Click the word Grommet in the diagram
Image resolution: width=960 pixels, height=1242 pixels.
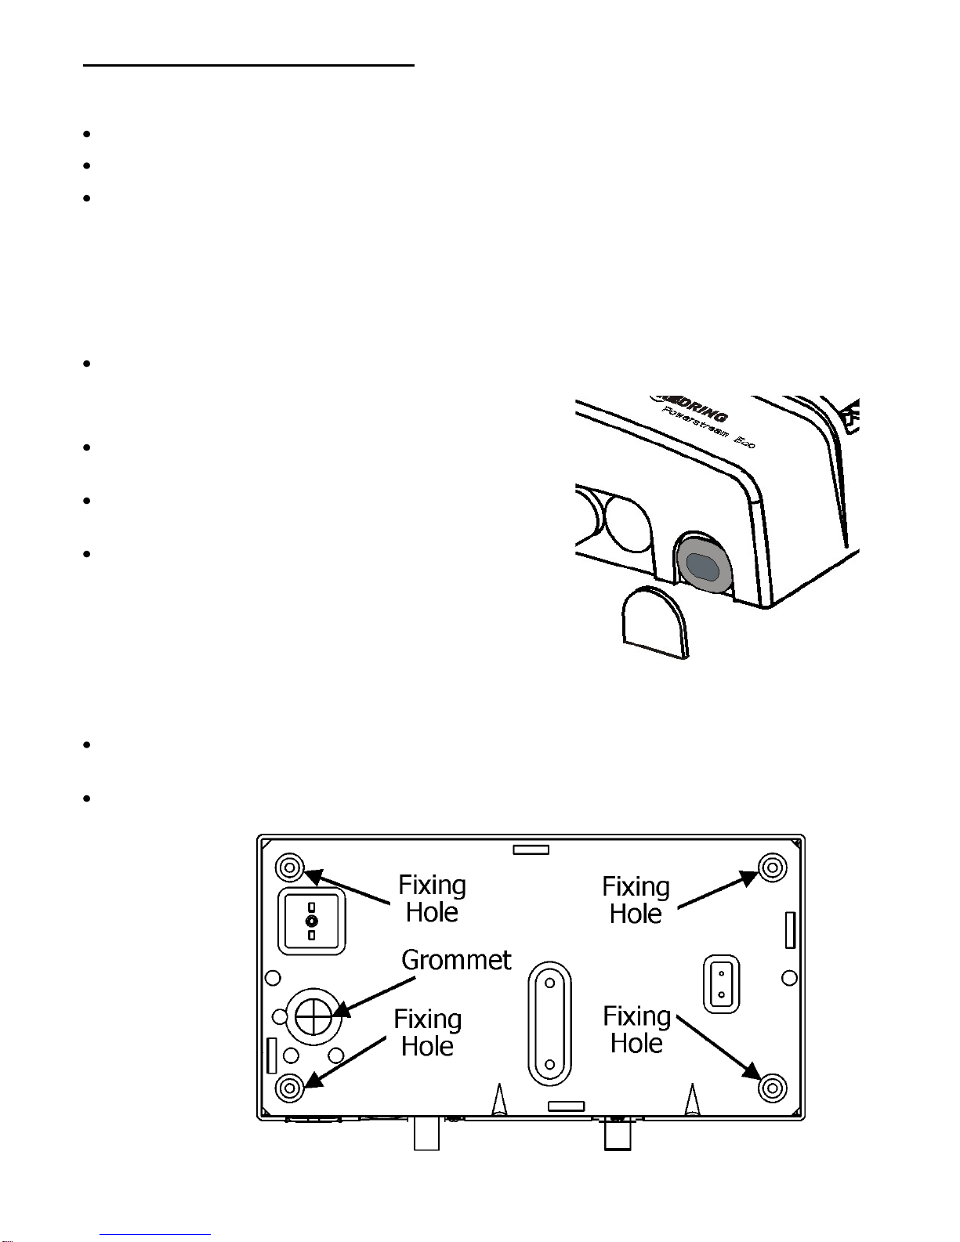coord(456,960)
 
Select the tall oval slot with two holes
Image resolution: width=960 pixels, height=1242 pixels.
coord(549,1023)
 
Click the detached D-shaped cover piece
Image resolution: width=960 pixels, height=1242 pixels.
coord(655,624)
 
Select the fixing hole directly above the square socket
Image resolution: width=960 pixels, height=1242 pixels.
coord(289,867)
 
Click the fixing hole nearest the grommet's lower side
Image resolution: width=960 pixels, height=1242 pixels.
coord(289,1088)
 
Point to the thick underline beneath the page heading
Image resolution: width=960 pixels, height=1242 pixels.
coord(248,66)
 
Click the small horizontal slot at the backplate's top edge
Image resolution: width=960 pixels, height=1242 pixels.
coord(531,850)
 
